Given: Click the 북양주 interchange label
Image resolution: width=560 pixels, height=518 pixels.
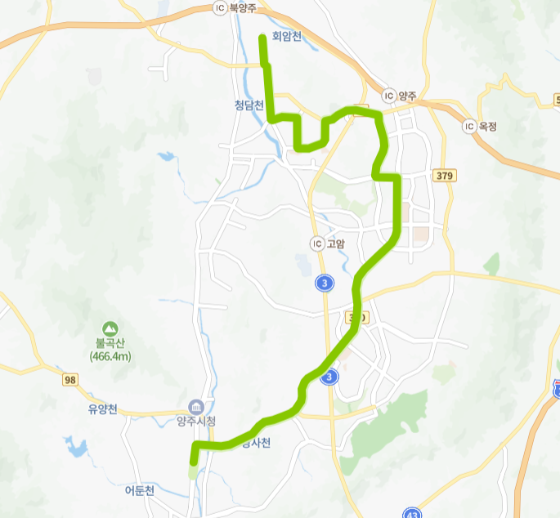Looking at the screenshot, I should pos(243,7).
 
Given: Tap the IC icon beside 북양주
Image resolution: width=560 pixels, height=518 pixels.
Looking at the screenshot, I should pos(218,7).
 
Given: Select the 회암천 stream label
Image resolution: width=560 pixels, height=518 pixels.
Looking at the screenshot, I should pos(287,36).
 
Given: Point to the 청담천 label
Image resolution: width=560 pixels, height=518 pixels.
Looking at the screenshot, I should pos(249,105).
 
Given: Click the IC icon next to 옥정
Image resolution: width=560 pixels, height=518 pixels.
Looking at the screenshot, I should pos(468,126).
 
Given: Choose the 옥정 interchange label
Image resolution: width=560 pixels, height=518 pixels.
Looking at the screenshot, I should pos(488,126).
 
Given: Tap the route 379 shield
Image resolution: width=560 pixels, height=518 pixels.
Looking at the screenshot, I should pos(445,176).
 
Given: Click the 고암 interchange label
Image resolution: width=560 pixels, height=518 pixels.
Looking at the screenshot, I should pos(335,243).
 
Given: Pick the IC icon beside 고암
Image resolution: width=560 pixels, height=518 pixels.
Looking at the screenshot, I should pos(316,243).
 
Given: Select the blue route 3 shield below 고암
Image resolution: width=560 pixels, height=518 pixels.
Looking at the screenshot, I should pos(325,283).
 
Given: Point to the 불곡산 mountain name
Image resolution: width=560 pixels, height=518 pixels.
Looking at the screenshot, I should pos(111,343).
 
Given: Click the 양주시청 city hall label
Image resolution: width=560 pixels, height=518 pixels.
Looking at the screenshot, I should pos(195,422).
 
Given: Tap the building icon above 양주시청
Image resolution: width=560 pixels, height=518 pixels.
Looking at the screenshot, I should pos(195,406).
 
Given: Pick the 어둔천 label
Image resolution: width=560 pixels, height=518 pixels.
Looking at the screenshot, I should pos(139,491).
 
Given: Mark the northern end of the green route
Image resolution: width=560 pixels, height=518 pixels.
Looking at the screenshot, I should pos(262,37).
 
